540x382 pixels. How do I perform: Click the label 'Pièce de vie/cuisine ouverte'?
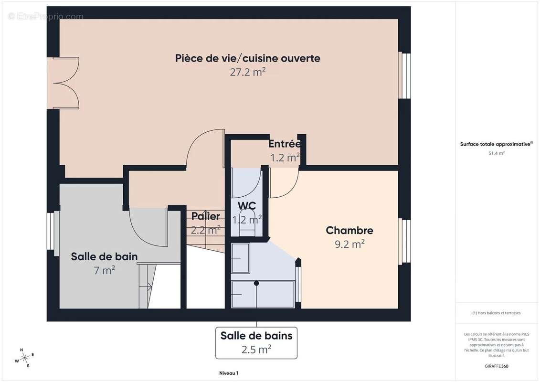tap(247, 58)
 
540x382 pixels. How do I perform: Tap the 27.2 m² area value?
tap(247, 72)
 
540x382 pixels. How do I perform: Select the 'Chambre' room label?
tap(349, 231)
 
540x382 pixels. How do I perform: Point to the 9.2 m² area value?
tap(349, 244)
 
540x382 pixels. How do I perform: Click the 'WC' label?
tap(247, 206)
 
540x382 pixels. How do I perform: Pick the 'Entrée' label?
tap(284, 144)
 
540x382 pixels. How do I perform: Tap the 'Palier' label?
tap(206, 216)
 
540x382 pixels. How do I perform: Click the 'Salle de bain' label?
tap(104, 256)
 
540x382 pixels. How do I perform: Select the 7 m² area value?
tap(104, 270)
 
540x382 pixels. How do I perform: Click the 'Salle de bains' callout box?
tap(256, 342)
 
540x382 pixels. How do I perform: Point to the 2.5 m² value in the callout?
tap(256, 350)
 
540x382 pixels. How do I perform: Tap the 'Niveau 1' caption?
tap(228, 373)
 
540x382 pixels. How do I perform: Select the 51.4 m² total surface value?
tap(496, 153)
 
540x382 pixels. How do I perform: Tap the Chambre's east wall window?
tap(404, 241)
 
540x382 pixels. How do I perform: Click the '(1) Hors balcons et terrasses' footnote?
tap(496, 313)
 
